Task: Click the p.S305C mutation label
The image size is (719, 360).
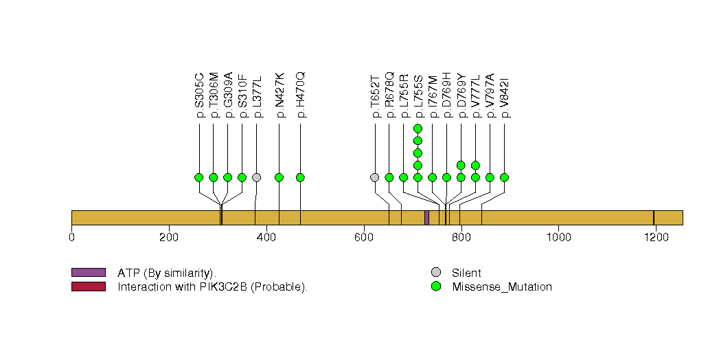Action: (200, 95)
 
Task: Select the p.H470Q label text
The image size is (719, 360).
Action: (301, 95)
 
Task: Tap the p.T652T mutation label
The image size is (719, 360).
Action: (375, 95)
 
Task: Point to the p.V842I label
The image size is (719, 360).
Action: (505, 95)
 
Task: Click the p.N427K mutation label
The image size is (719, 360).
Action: (279, 95)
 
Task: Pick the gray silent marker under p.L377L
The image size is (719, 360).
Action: (256, 177)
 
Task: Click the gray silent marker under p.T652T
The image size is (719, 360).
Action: (374, 177)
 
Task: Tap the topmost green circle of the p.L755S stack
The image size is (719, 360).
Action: (418, 128)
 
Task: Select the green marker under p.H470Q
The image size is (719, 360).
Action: (300, 177)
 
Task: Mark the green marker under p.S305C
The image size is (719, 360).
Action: (199, 177)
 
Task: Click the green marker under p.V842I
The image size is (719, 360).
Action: (504, 177)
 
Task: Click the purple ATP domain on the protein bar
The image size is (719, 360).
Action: (426, 218)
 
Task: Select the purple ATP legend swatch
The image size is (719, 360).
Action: (88, 273)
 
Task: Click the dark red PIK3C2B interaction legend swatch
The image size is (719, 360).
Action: (88, 286)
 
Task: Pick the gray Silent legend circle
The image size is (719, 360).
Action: (435, 273)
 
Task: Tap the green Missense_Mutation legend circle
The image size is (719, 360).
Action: (435, 286)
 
